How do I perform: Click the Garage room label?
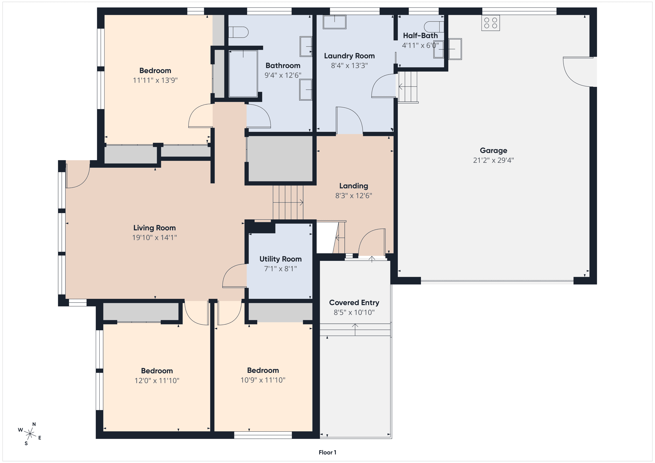[x=493, y=150]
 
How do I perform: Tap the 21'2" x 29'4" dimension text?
[x=493, y=160]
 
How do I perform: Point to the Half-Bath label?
[x=420, y=36]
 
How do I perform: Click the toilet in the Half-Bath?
[x=434, y=27]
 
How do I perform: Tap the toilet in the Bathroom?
[x=238, y=32]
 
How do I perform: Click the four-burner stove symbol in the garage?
[x=490, y=23]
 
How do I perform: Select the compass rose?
[x=30, y=434]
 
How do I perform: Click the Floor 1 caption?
[x=327, y=453]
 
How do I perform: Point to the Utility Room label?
[x=280, y=259]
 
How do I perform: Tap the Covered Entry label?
[x=354, y=303]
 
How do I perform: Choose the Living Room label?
[x=154, y=228]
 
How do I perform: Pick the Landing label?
[x=353, y=186]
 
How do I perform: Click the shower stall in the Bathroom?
[x=243, y=74]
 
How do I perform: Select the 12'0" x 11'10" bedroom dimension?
[x=157, y=380]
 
